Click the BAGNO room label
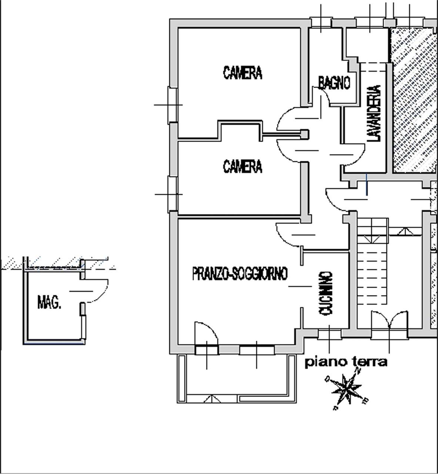point(334,83)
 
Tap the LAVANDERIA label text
point(374,113)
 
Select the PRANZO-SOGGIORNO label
point(240,273)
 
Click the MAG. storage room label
point(49,302)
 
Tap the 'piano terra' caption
point(346,361)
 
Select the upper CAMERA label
point(243,73)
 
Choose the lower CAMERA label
point(243,166)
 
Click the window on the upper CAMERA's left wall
point(173,105)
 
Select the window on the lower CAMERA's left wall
point(173,194)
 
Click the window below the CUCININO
point(330,334)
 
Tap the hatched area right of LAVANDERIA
point(415,100)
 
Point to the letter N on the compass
point(358,371)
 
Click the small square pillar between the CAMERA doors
point(304,134)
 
